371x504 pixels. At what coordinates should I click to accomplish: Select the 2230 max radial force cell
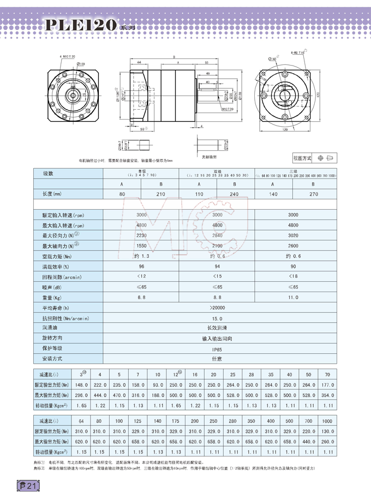click(141, 235)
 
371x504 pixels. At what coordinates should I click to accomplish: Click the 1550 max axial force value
click(141, 246)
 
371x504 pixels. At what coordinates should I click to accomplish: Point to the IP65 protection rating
click(217, 348)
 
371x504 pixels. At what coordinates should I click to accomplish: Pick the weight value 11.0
click(293, 297)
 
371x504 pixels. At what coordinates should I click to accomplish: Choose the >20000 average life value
click(217, 307)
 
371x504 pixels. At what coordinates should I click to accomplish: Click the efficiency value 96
click(141, 266)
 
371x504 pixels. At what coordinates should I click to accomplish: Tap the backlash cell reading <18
click(293, 276)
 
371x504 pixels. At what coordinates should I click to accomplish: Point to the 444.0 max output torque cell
click(99, 395)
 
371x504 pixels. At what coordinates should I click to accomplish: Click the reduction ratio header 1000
click(327, 423)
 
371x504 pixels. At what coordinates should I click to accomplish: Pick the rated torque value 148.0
click(80, 384)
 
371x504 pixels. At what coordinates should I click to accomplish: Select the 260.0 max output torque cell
click(327, 442)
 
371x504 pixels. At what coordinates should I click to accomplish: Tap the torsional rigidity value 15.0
click(217, 318)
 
